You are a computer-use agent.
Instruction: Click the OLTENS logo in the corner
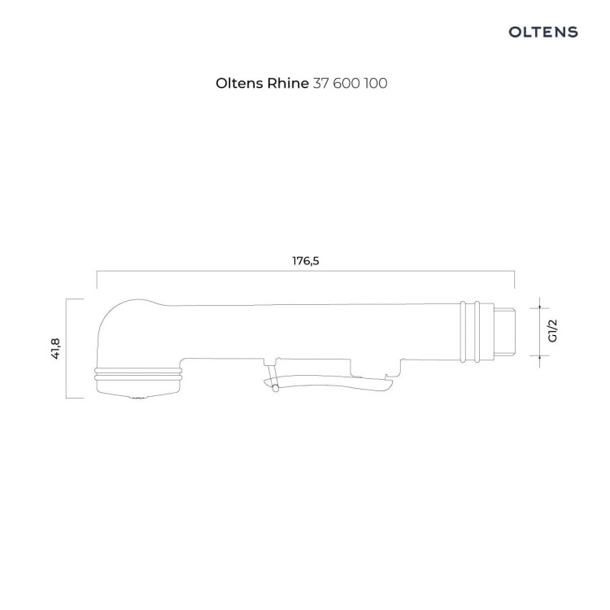(543, 32)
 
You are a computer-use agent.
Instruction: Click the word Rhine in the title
(287, 83)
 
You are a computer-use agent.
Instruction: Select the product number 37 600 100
(350, 83)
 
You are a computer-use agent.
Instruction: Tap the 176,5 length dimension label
(306, 261)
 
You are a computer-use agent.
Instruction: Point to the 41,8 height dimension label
(55, 349)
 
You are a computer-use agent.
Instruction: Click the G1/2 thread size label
(552, 331)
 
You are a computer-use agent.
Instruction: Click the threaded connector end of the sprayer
(504, 331)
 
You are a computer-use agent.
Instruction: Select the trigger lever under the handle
(328, 381)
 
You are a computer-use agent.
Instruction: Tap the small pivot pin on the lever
(276, 388)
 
